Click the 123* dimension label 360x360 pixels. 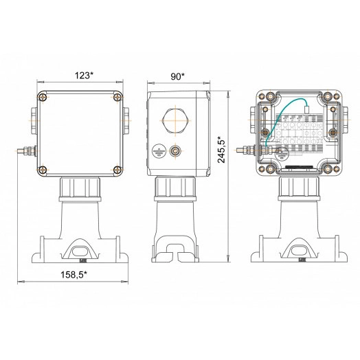tap(85, 76)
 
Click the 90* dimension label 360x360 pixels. tap(177, 76)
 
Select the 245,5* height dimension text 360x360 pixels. tap(221, 150)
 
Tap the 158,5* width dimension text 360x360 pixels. tap(74, 275)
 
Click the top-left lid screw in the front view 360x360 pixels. tap(43, 98)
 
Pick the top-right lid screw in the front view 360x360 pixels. tap(117, 98)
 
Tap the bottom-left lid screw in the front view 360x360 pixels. tap(43, 170)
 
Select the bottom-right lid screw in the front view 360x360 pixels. tap(117, 170)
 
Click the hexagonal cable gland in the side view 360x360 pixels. tap(176, 121)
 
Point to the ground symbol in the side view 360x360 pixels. tap(159, 151)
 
